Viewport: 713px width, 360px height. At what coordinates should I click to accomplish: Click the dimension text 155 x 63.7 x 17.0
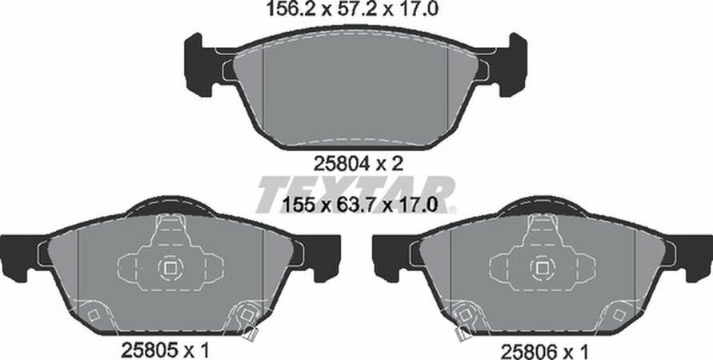pos(359,204)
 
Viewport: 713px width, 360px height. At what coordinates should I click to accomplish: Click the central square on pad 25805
pos(170,269)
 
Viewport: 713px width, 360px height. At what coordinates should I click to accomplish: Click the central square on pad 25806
pos(543,269)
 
